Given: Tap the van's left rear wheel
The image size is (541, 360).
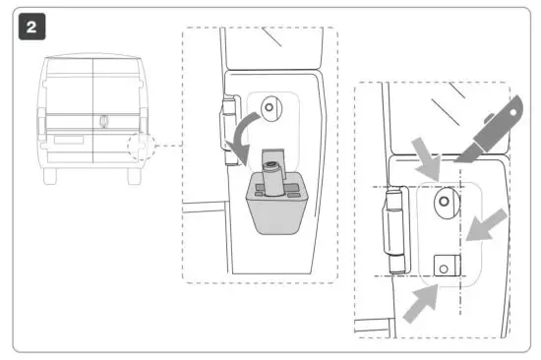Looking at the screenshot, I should click(52, 174).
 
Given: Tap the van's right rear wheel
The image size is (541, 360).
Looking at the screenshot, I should click(133, 174).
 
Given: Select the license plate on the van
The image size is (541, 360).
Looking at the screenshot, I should click(68, 140).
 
